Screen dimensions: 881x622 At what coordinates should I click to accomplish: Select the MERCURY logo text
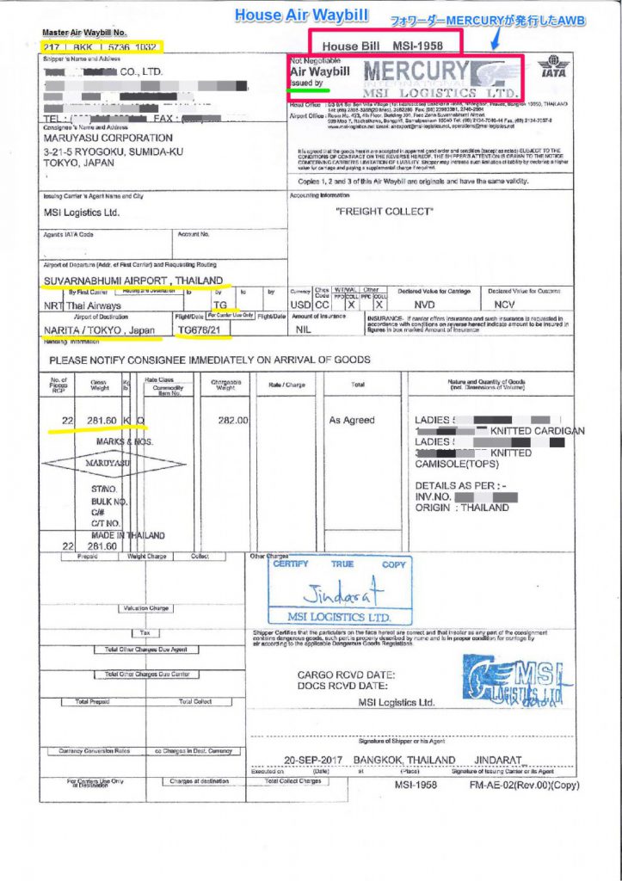coord(419,71)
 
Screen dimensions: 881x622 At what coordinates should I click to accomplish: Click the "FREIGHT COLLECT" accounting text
coord(384,210)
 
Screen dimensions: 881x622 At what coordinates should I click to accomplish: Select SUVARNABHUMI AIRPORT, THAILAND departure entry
coord(132,280)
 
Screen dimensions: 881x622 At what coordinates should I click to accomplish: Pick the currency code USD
coord(300,305)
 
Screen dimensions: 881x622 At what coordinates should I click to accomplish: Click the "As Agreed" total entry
coord(352,420)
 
